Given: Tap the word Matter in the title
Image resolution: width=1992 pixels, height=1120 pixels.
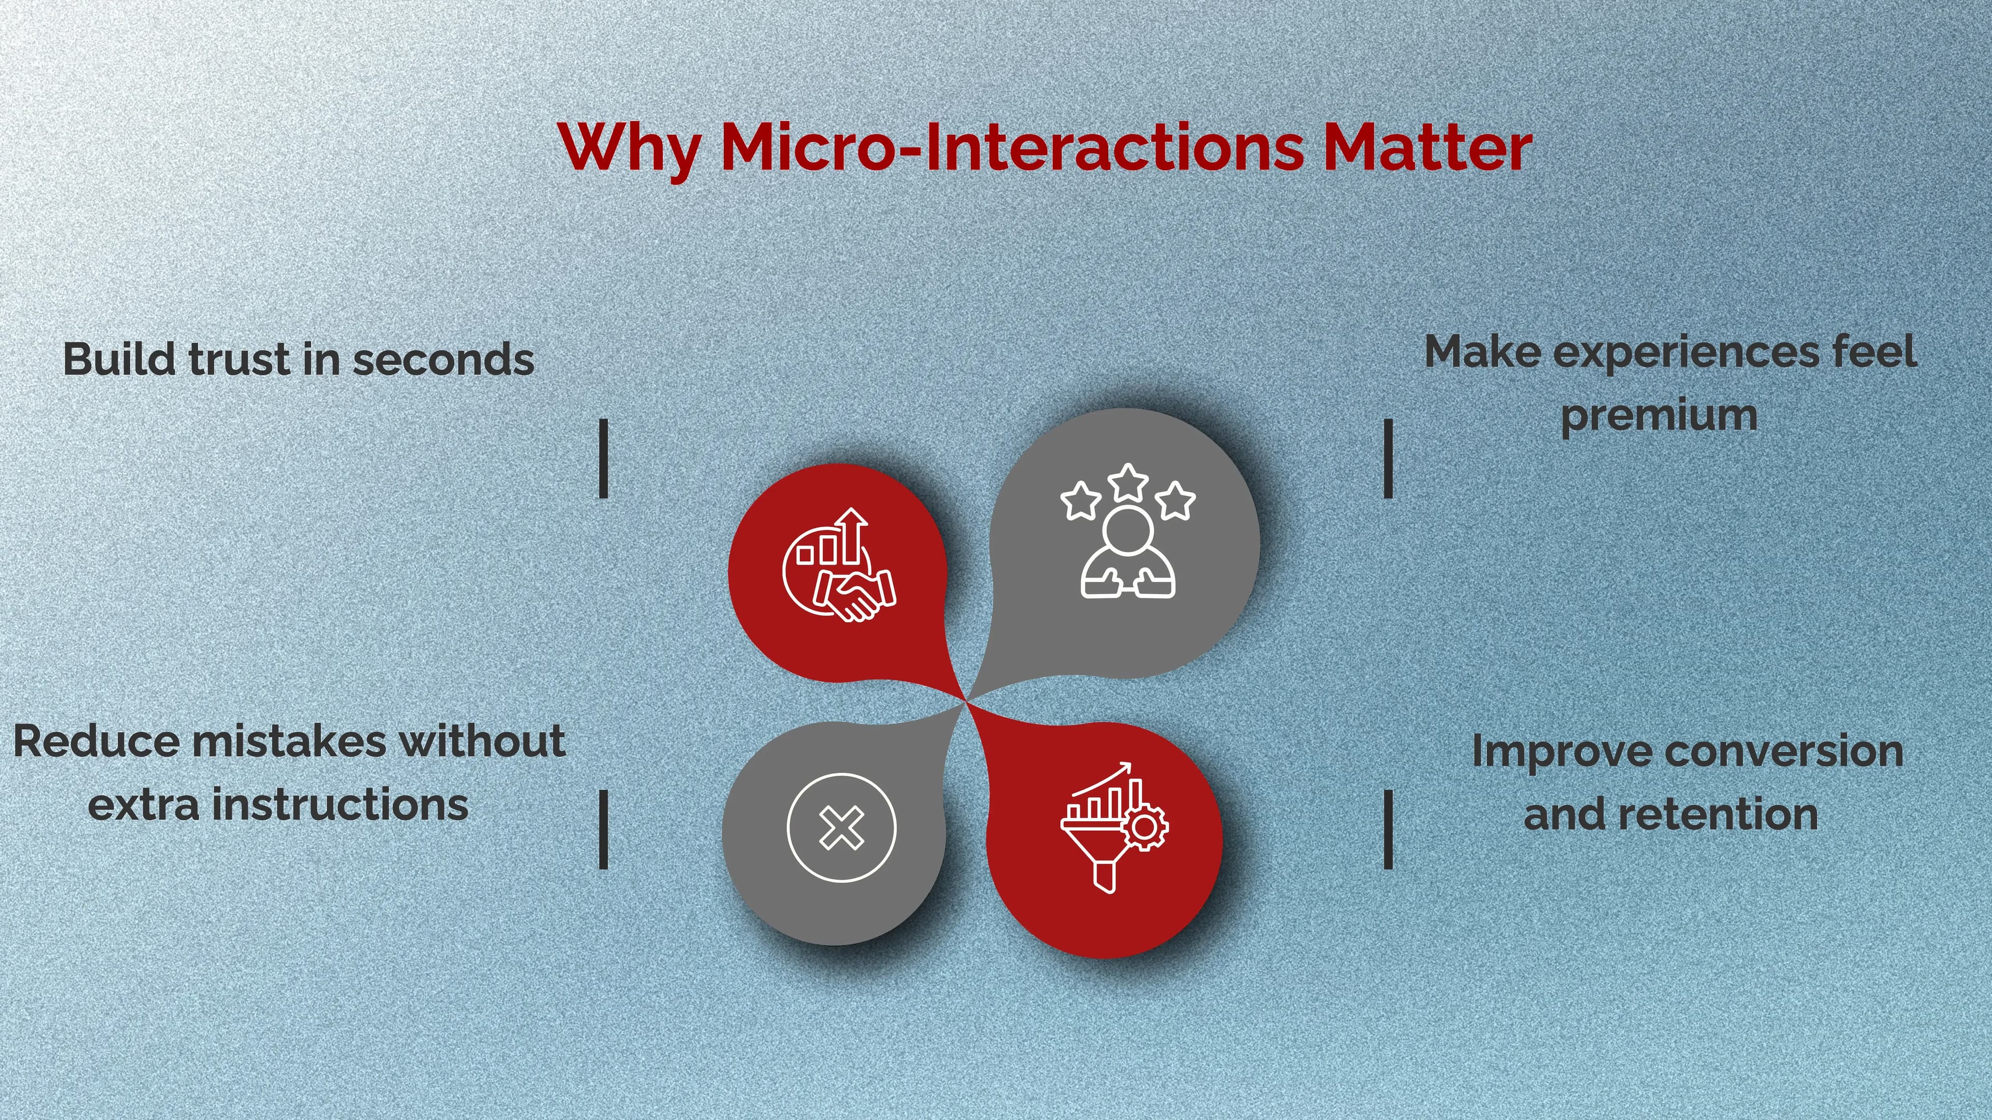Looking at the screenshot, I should coord(1427,147).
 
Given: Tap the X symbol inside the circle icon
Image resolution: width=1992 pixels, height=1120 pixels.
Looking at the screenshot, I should coord(841,828).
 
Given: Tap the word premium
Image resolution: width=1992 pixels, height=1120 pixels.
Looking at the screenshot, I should coord(1659,416).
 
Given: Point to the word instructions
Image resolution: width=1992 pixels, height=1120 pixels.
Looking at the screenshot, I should coord(340,805).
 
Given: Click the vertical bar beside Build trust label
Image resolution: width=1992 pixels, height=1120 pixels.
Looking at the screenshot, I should coord(603,458).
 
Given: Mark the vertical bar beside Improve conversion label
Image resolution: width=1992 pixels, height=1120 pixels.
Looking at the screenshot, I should coord(1388,830).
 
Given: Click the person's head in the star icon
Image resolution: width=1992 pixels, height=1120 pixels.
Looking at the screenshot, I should coord(1127,531).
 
